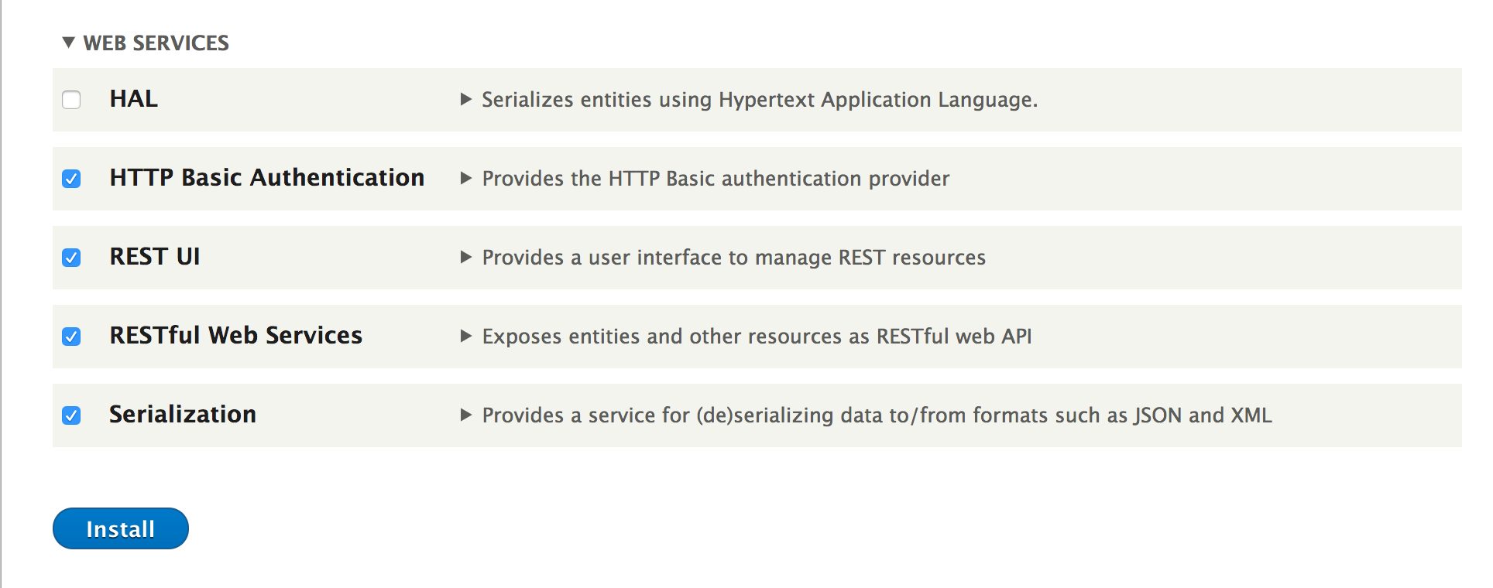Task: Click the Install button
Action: (x=121, y=528)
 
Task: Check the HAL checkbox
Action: (x=71, y=100)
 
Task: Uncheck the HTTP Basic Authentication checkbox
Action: (x=71, y=179)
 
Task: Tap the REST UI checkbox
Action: (x=71, y=258)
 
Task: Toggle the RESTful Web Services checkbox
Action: (x=71, y=337)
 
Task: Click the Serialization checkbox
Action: (x=71, y=415)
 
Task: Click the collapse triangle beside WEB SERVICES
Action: (x=69, y=43)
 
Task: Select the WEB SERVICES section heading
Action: (x=156, y=43)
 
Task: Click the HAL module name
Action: (x=134, y=99)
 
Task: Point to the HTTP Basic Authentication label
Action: (x=267, y=178)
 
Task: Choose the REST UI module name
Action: (x=155, y=257)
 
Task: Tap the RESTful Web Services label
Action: (x=236, y=336)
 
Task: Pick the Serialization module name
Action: (x=183, y=415)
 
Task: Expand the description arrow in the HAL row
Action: (x=466, y=99)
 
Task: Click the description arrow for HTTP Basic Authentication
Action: (x=466, y=178)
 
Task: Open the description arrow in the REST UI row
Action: (x=466, y=257)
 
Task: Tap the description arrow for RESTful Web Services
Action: (x=466, y=336)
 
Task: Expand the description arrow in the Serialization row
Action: (x=466, y=415)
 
